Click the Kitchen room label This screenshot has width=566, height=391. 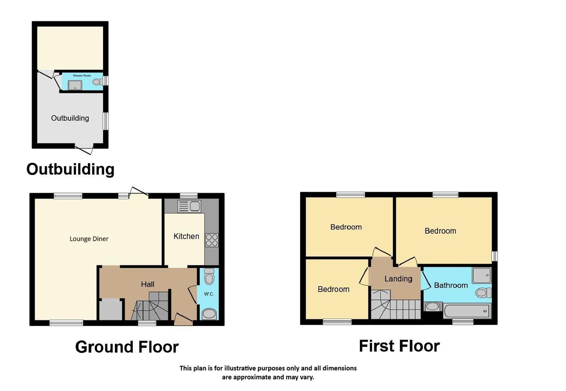click(186, 236)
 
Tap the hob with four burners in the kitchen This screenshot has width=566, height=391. click(211, 240)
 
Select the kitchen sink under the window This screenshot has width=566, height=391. click(189, 206)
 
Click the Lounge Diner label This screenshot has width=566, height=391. click(89, 239)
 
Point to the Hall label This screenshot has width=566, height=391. click(148, 284)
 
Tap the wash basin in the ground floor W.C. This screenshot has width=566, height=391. click(209, 314)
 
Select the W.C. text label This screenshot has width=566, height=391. click(209, 294)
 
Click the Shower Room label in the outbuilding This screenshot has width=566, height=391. click(82, 76)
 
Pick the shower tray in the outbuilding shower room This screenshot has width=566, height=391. click(75, 85)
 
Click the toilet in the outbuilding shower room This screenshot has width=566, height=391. click(97, 82)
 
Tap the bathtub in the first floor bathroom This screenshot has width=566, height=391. click(467, 311)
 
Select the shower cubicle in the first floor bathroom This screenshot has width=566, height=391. click(482, 275)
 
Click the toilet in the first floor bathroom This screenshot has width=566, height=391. click(483, 293)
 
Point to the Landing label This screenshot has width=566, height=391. click(398, 279)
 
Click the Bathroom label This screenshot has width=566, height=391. click(451, 285)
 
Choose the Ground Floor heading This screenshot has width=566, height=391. click(127, 347)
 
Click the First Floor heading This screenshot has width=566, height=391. click(399, 346)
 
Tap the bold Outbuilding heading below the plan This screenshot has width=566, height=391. click(70, 169)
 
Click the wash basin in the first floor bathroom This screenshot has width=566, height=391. click(432, 307)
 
